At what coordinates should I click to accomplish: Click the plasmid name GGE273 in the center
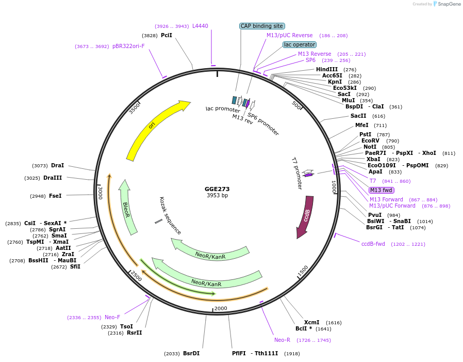pos(217,189)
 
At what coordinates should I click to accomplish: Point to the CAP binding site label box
pos(262,26)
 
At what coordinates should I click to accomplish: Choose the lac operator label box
pos(300,44)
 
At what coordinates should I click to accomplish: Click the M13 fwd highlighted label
pos(381,190)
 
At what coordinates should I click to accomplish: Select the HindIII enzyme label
pos(327,69)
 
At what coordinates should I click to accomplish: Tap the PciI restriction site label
pos(167,35)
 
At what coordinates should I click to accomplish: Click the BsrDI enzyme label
pos(191,354)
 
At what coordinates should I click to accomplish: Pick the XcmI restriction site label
pos(312,322)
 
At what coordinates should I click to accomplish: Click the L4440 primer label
pos(200,26)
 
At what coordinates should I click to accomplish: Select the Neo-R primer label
pos(282,340)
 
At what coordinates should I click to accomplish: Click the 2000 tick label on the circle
pos(221,308)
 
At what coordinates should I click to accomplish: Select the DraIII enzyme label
pos(53,178)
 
